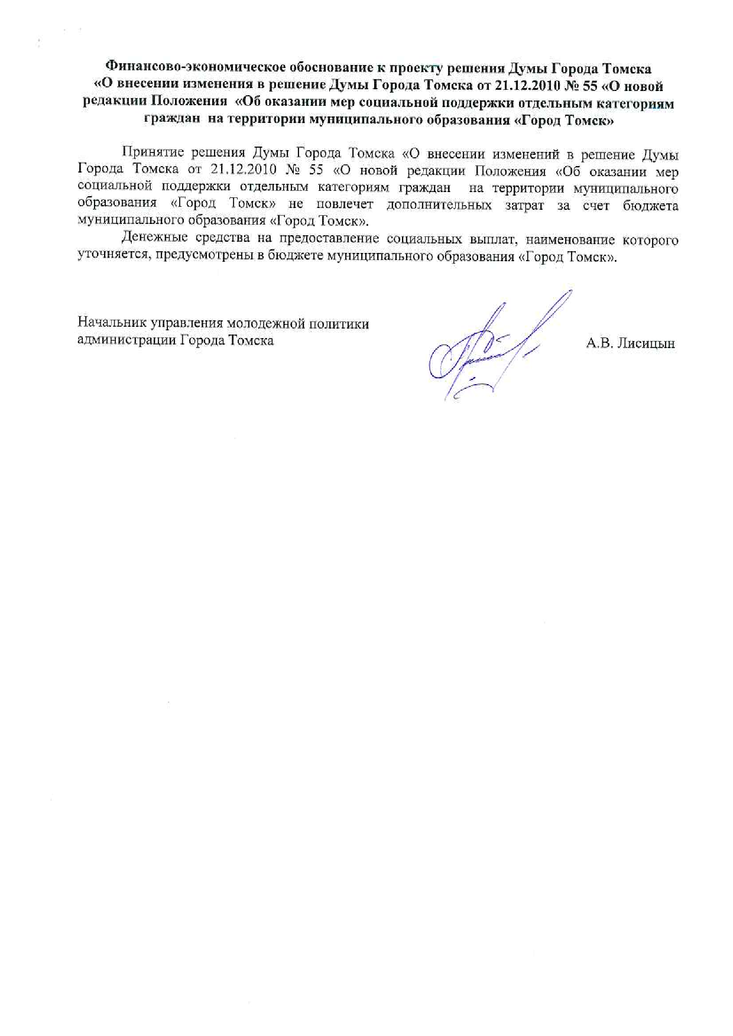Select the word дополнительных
[440, 206]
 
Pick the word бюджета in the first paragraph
[650, 206]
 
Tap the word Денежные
[154, 239]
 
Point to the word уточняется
[113, 256]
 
